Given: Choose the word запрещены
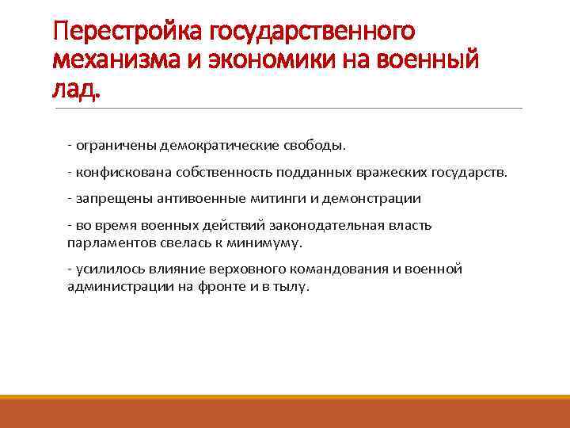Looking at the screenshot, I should click(x=108, y=199).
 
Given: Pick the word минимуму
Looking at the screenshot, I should click(x=266, y=243).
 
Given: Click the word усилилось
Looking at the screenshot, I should click(x=106, y=269).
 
